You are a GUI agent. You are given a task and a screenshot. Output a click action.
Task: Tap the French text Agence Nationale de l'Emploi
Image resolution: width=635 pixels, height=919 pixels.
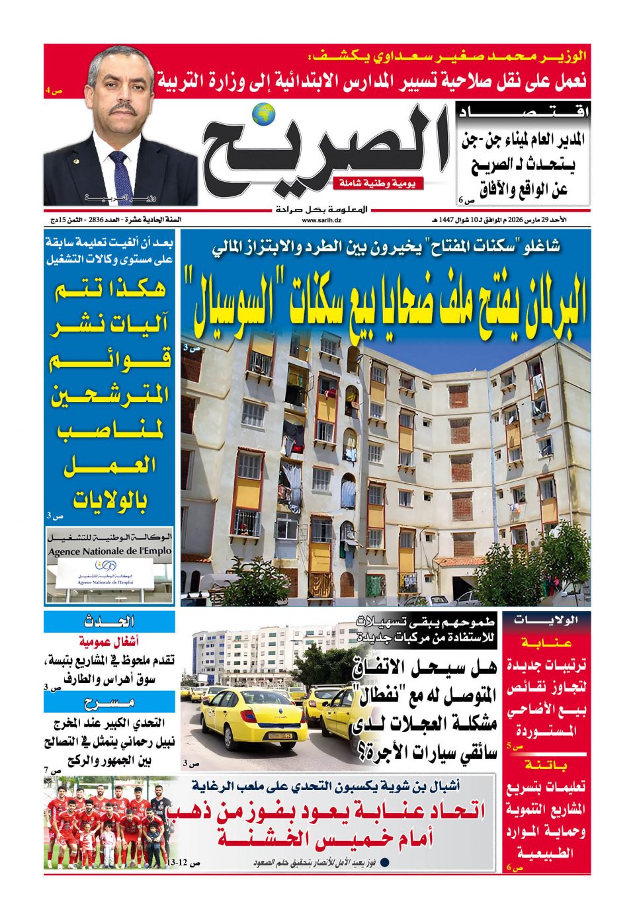point(110,551)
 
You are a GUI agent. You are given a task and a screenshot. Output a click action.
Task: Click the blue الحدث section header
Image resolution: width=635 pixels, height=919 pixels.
point(110,621)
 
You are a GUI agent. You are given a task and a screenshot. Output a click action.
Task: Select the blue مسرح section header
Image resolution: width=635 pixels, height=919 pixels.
point(110,702)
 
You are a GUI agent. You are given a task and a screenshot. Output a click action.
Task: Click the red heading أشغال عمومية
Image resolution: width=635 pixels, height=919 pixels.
point(108,642)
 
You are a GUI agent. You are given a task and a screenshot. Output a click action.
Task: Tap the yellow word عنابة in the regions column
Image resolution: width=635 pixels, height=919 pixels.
point(546,642)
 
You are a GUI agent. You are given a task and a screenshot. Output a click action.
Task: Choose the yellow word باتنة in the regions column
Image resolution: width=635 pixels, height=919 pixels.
point(546,765)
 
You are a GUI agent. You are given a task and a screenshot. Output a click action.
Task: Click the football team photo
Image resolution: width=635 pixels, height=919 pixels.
point(110,823)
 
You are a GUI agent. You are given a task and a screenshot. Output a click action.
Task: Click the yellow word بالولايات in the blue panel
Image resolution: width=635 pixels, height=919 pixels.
point(110,500)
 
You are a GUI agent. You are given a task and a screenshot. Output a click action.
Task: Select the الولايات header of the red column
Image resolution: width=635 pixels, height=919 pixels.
point(546,621)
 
